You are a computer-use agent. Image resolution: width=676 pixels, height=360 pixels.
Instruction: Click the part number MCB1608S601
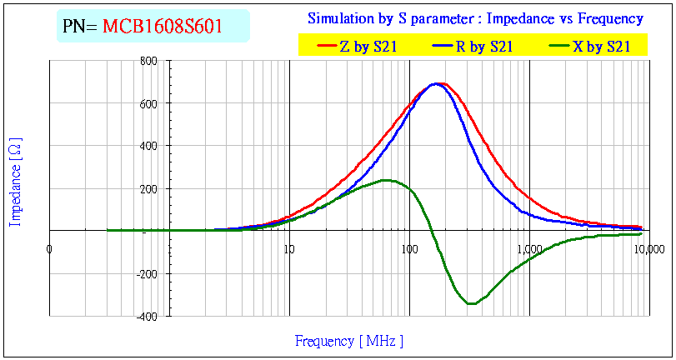point(162,27)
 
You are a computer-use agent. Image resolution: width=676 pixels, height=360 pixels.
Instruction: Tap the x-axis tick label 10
point(288,247)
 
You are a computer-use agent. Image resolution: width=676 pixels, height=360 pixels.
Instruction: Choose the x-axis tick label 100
point(408,247)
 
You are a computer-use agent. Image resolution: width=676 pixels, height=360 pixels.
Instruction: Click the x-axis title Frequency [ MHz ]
point(349,341)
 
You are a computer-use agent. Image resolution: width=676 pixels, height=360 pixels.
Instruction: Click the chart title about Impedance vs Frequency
point(475,18)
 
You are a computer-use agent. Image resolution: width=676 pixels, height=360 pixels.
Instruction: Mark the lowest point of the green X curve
point(472,303)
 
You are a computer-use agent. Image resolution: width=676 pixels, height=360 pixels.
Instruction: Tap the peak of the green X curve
point(386,180)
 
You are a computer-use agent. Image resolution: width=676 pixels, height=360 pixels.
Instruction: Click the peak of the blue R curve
point(435,83)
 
